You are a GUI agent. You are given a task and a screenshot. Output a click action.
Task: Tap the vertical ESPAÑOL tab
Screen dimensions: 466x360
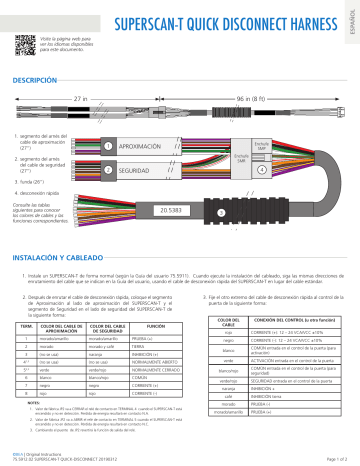pyautogui.click(x=349, y=19)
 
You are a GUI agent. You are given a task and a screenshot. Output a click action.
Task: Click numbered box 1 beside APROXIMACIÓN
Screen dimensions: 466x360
pyautogui.click(x=107, y=147)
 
